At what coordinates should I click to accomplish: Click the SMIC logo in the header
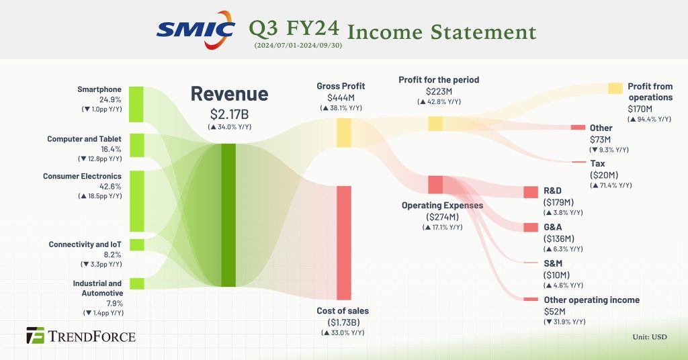(x=196, y=29)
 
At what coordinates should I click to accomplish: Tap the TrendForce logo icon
(x=35, y=335)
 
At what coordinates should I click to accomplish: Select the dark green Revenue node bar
(x=228, y=215)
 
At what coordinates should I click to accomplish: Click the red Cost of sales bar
(x=344, y=242)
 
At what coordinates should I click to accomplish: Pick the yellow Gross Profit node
(x=344, y=132)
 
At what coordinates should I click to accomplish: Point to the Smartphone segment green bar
(x=136, y=104)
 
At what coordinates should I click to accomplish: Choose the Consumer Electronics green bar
(x=136, y=201)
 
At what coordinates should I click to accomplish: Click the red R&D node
(x=531, y=192)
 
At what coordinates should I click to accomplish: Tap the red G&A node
(x=531, y=227)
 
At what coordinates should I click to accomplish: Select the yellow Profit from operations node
(x=615, y=89)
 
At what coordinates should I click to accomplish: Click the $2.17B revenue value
(x=228, y=115)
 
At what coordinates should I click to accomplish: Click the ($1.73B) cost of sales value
(x=343, y=322)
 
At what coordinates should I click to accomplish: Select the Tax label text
(x=598, y=163)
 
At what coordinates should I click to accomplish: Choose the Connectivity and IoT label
(x=85, y=244)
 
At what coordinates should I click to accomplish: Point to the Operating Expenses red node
(x=435, y=184)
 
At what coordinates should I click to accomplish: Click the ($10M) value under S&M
(x=556, y=275)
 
